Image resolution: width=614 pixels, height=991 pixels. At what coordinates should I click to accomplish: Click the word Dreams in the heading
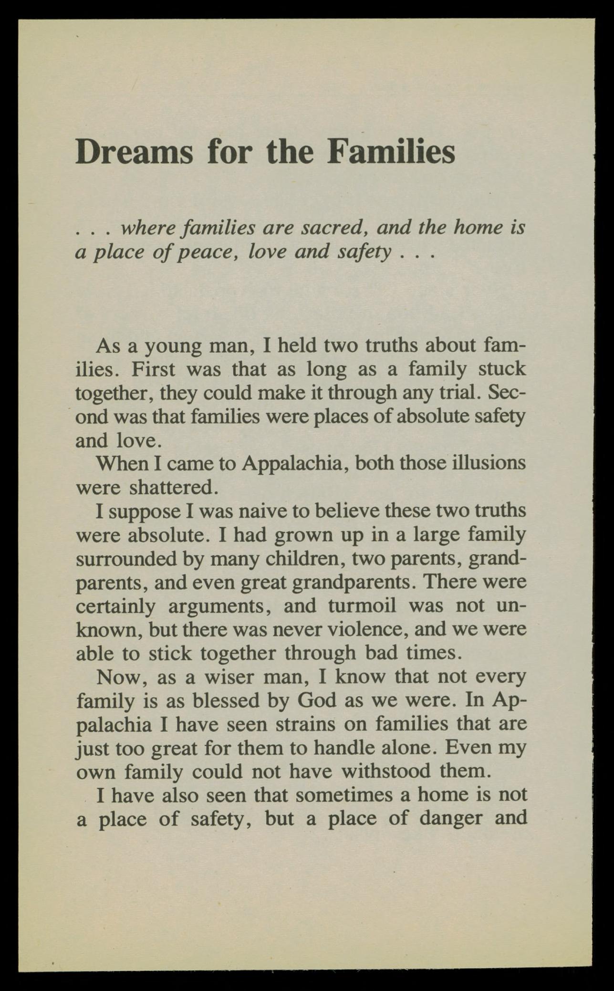pyautogui.click(x=134, y=152)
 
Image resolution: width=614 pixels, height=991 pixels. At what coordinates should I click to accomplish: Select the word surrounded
pyautogui.click(x=127, y=559)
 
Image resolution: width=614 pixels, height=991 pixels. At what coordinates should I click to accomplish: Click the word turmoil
pyautogui.click(x=362, y=606)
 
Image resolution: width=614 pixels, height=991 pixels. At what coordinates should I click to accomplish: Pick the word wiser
pyautogui.click(x=231, y=677)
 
